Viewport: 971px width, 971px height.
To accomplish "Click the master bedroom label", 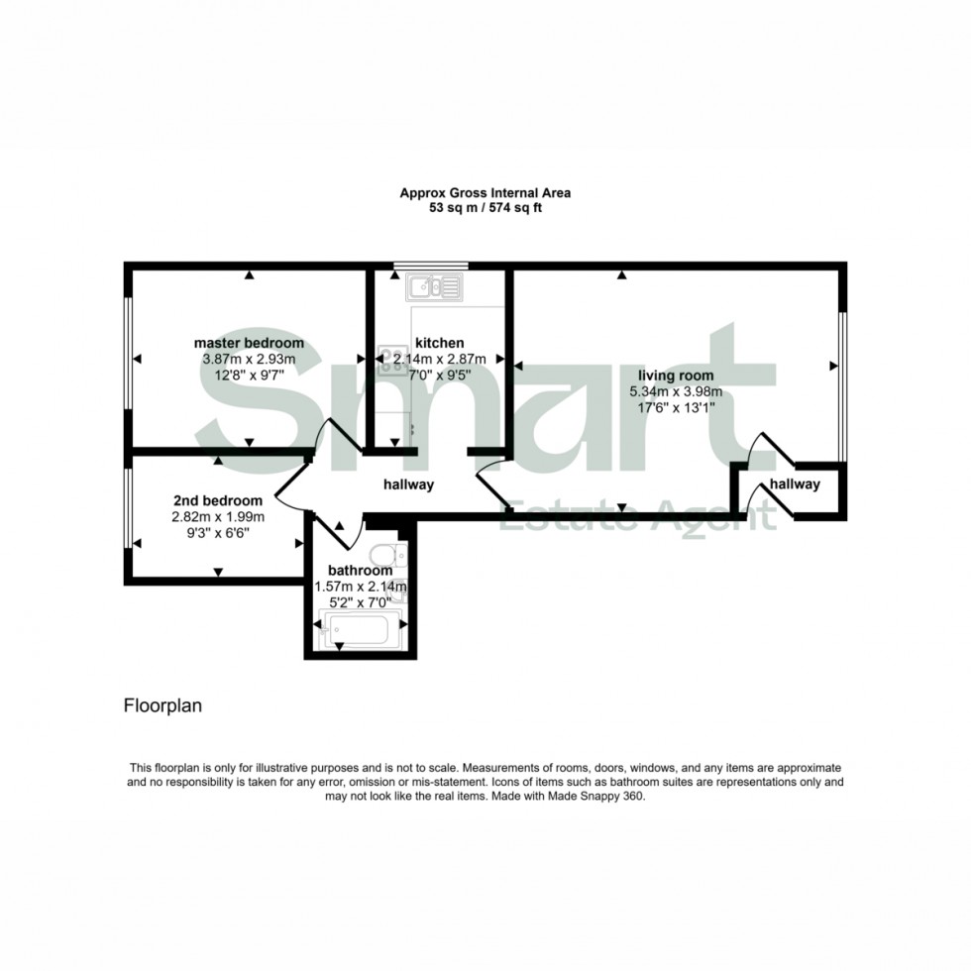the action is point(249,343).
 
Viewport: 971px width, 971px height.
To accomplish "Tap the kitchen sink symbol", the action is point(435,286).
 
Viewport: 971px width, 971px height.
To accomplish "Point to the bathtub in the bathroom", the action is point(360,629).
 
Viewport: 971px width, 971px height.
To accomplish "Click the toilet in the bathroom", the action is point(388,554).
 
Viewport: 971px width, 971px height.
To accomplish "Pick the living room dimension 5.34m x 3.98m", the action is point(676,391).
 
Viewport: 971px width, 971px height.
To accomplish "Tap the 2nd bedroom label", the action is point(218,500).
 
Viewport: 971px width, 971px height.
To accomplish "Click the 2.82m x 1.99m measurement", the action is point(218,516).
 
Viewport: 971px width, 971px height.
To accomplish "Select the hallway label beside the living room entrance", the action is point(795,485).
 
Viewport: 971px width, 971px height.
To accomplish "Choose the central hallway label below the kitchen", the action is point(408,485).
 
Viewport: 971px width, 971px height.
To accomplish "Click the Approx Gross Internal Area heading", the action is point(485,192).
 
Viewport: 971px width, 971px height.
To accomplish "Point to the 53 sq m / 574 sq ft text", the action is point(485,208).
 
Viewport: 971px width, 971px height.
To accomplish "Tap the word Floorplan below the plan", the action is point(162,705).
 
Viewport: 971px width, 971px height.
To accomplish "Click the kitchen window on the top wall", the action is point(431,267).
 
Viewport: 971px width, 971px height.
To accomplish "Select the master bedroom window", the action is point(128,354).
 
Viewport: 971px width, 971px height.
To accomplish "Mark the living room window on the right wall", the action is point(842,387).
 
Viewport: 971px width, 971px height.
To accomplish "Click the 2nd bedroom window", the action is point(128,507).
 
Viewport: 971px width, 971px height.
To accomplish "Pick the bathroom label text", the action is point(361,571).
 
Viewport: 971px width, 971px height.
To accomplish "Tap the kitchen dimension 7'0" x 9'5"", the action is point(440,375).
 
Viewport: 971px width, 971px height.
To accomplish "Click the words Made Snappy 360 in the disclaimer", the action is point(596,797).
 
